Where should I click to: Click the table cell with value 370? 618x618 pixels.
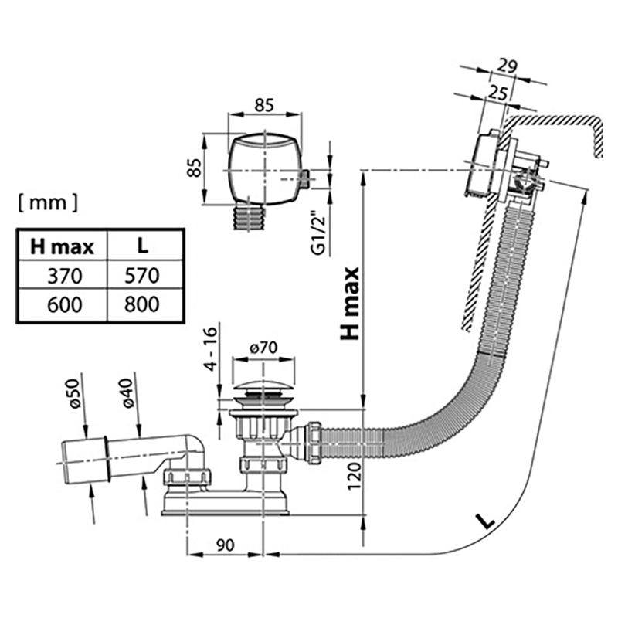pos(63,275)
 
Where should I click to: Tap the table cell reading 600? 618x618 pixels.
pos(63,304)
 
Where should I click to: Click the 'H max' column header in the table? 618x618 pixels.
pos(63,246)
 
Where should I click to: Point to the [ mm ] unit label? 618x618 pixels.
pos(48,203)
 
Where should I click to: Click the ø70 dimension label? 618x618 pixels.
pos(263,347)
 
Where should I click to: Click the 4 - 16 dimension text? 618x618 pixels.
pos(211,349)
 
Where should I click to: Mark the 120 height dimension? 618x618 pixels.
pos(355,476)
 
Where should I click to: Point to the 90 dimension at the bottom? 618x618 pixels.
pos(225,545)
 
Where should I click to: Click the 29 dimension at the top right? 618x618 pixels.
pos(507,66)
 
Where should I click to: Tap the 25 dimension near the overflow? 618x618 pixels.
pos(497,93)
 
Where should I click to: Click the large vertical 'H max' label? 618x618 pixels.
pos(350,303)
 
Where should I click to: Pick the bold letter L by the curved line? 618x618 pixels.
pos(485,521)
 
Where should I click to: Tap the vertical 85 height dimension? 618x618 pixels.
pos(195,168)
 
